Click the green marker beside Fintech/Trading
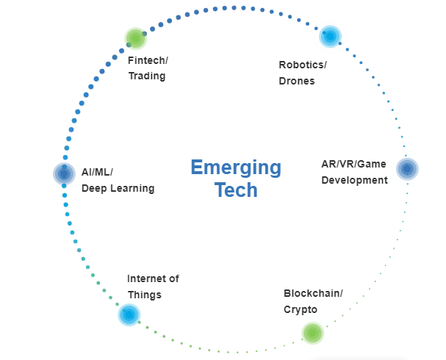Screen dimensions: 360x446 [135, 38]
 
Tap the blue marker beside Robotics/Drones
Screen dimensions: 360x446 [330, 35]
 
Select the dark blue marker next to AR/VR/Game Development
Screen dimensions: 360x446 [407, 169]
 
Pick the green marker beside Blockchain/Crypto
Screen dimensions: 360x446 [312, 333]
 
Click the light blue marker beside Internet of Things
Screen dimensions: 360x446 [129, 314]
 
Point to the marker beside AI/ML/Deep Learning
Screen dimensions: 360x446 [64, 173]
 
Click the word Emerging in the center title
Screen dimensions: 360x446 [235, 168]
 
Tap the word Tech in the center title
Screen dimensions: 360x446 [236, 190]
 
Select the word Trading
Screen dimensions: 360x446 [146, 76]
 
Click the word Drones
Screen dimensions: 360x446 [297, 81]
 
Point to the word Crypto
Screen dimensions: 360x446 [301, 310]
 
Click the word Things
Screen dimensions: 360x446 [144, 295]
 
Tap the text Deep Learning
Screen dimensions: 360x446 [118, 188]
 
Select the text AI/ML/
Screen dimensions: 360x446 [98, 171]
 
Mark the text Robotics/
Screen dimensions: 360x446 [303, 65]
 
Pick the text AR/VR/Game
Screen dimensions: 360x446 [354, 164]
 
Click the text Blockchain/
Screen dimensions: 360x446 [313, 293]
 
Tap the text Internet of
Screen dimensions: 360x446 [153, 279]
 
